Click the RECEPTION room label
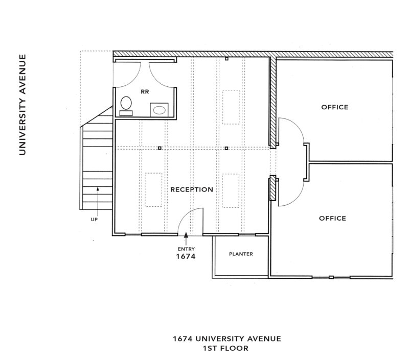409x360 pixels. pos(192,189)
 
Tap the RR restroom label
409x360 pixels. pos(145,92)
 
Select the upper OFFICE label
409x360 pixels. pos(335,107)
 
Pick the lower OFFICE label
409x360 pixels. pos(333,218)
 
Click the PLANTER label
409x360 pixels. pos(241,254)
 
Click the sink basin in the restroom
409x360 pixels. pos(159,110)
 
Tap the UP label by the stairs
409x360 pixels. pos(94,220)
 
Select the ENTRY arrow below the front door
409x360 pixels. pos(186,238)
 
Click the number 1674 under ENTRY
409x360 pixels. pos(186,256)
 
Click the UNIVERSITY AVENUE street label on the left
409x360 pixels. pos(22,105)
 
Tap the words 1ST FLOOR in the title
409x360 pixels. pos(225,348)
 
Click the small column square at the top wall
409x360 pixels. pos(226,59)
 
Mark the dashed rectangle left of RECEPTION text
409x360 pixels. pos(153,189)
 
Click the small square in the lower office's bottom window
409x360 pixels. pos(331,277)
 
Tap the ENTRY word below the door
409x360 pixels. pos(186,249)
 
